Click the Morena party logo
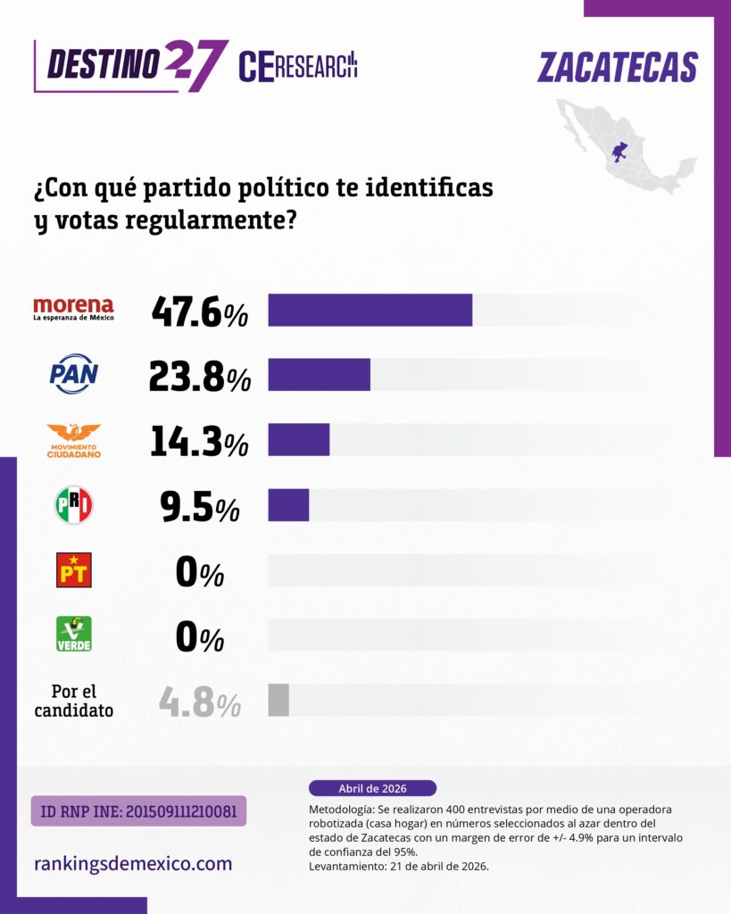73,309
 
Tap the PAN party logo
73,375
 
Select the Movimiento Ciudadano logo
73,440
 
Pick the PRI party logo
73,505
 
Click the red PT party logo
73,570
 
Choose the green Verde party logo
73,635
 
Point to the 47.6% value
199,312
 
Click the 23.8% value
199,377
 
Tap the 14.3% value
199,442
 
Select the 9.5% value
199,507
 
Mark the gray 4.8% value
199,702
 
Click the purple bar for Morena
370,310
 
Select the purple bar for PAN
319,375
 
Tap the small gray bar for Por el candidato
278,701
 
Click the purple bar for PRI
288,505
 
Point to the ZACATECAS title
618,68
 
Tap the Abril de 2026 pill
372,788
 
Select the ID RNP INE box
138,811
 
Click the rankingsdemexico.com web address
132,864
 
